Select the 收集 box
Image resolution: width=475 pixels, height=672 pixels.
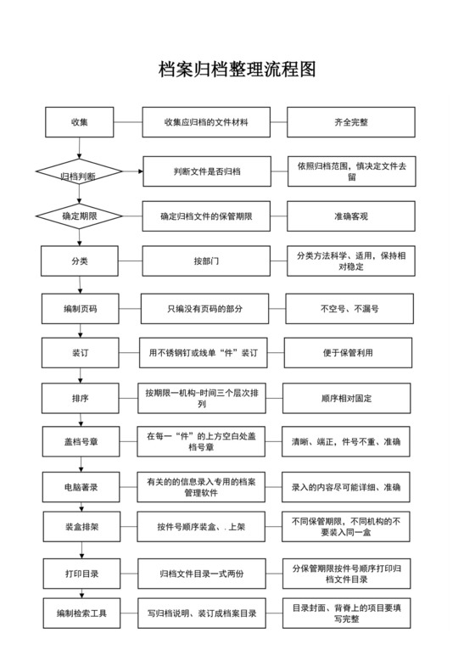(79, 122)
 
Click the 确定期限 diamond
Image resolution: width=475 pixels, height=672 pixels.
(79, 216)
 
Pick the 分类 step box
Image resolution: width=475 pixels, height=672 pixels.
(78, 260)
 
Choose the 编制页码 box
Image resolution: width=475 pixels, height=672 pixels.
(78, 309)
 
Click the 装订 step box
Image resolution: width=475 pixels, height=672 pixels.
(78, 352)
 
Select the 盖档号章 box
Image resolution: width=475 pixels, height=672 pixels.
(78, 441)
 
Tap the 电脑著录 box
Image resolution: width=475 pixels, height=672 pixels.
(78, 487)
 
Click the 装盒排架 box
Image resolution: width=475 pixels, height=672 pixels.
(78, 527)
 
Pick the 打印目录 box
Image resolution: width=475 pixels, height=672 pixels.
(78, 574)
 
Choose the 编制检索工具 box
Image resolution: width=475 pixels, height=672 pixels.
(78, 612)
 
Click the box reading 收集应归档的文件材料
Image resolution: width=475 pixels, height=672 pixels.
(206, 122)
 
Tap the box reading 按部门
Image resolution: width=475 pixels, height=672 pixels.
(206, 260)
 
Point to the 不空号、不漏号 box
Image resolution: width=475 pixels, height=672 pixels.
(348, 309)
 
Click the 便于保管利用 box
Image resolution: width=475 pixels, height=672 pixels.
(348, 352)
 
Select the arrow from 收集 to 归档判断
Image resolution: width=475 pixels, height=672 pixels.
(79, 148)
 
